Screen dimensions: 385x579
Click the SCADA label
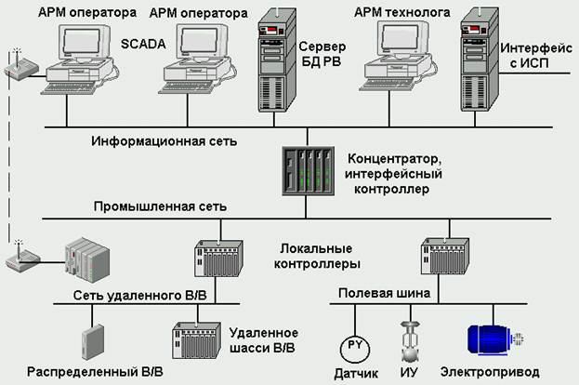click(x=143, y=43)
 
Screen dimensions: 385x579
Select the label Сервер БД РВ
click(x=322, y=53)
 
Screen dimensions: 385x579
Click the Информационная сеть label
click(x=164, y=141)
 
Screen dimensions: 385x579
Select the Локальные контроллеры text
click(x=315, y=258)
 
